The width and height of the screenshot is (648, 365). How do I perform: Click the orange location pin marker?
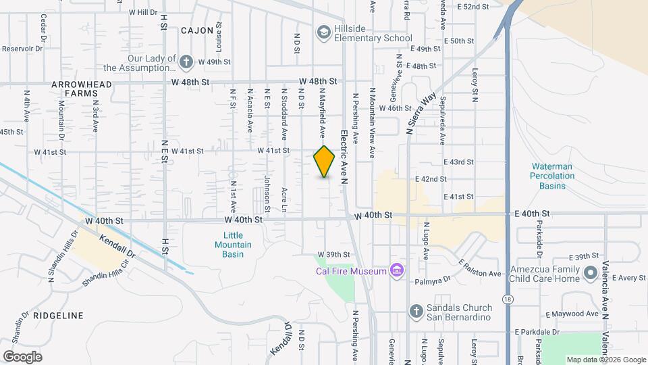(x=325, y=162)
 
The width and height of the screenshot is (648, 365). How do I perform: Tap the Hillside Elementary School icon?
(x=324, y=32)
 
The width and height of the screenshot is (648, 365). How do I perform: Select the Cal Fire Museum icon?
(x=397, y=271)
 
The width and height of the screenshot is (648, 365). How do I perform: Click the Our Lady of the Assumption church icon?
(x=186, y=62)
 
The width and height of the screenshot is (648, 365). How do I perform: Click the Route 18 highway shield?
(x=507, y=298)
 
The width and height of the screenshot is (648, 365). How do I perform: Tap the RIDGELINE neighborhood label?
(x=61, y=316)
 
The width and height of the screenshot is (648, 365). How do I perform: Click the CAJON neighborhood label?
(x=197, y=30)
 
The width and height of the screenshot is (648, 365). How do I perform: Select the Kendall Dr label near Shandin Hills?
(x=117, y=247)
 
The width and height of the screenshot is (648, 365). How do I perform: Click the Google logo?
(x=22, y=357)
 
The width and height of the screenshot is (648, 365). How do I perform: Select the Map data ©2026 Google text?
(x=605, y=360)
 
